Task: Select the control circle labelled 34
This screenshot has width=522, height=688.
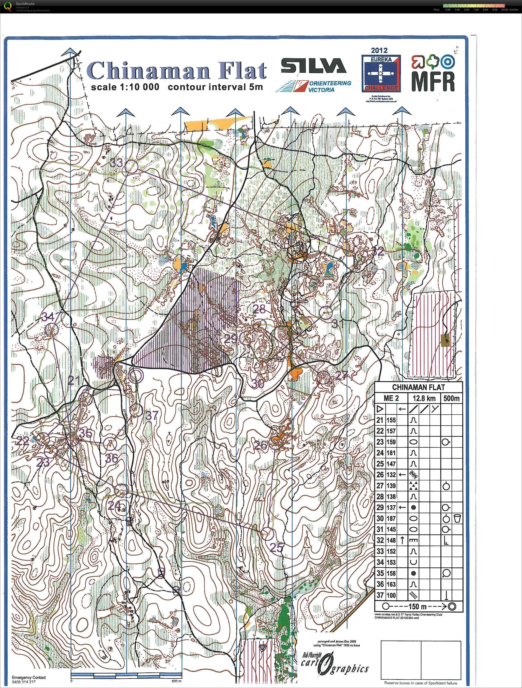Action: [x=52, y=330]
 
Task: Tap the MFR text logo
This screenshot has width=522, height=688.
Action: [x=433, y=82]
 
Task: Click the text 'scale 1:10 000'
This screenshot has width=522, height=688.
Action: [x=125, y=87]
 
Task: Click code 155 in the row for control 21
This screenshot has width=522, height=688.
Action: [x=391, y=420]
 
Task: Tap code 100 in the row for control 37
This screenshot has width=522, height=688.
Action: [x=391, y=595]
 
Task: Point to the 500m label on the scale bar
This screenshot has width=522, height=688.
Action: [x=176, y=681]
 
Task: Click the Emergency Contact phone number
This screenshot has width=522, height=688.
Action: [x=24, y=682]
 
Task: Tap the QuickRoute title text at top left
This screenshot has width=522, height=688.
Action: [x=25, y=4]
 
